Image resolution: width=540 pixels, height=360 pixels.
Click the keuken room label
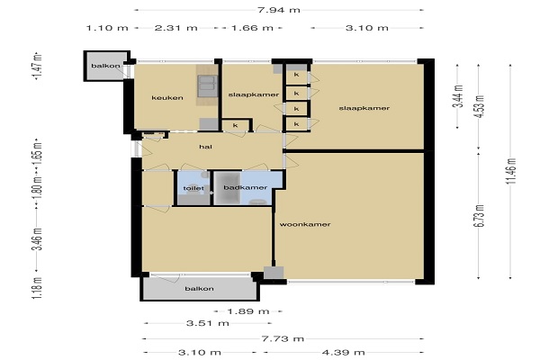click(167, 98)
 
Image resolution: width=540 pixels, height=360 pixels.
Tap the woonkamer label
click(305, 224)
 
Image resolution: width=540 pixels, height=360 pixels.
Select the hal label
click(205, 147)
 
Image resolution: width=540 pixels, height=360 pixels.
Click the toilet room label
click(193, 188)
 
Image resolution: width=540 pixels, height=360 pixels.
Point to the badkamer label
click(246, 187)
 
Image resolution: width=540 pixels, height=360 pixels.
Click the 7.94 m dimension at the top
click(279, 10)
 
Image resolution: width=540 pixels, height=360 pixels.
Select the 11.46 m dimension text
click(510, 171)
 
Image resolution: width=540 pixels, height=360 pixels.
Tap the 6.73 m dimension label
click(479, 216)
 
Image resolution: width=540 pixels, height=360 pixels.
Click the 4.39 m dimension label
click(344, 353)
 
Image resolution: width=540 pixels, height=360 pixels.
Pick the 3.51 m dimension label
click(208, 323)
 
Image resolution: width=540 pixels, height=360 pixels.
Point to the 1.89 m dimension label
click(248, 311)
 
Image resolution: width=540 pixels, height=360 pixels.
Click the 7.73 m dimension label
click(283, 338)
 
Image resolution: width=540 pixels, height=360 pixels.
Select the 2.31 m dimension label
click(176, 28)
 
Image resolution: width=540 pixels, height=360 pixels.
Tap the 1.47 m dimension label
click(37, 67)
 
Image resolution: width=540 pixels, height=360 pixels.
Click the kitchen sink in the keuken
click(207, 85)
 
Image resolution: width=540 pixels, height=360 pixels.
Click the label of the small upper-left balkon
click(105, 66)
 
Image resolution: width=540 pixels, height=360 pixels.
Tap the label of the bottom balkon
click(200, 289)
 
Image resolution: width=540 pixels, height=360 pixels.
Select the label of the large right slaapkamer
click(364, 108)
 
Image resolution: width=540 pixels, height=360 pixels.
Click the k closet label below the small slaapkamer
click(235, 125)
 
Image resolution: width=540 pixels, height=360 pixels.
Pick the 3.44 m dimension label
click(459, 96)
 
